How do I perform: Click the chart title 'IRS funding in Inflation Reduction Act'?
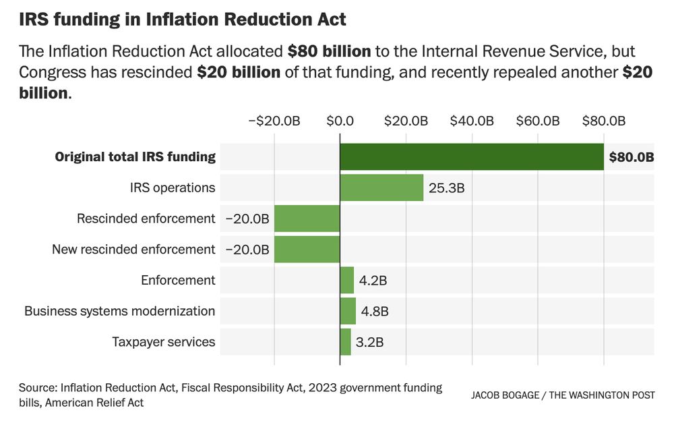[x=183, y=19]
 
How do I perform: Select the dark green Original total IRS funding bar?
[x=472, y=157]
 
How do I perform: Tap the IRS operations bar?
[x=381, y=188]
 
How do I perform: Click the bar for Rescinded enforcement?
[x=307, y=219]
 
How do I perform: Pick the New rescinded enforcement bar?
[x=307, y=250]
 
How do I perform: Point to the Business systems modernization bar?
[x=348, y=311]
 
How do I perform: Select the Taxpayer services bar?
[x=345, y=342]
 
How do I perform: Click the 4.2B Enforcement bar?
[x=347, y=280]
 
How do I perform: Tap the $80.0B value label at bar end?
[x=632, y=157]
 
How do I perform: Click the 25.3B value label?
[x=447, y=188]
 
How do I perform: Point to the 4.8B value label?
[x=375, y=312]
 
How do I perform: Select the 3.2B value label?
[x=370, y=342]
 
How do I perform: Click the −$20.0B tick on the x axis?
[x=274, y=121]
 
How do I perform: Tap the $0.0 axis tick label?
[x=340, y=121]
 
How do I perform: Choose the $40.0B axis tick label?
[x=472, y=121]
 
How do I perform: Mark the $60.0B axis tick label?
[x=538, y=121]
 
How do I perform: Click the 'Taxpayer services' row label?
[x=164, y=342]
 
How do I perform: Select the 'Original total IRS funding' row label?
[x=135, y=157]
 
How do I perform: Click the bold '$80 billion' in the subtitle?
[x=329, y=51]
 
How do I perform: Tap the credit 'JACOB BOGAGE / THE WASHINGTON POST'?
[x=563, y=395]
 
